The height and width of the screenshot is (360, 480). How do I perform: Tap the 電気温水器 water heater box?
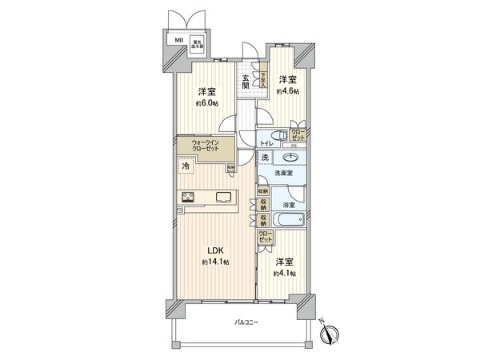coord(195,44)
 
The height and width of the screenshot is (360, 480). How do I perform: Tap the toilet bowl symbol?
coord(278,135)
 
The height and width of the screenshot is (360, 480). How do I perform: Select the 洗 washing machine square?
coord(264,158)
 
